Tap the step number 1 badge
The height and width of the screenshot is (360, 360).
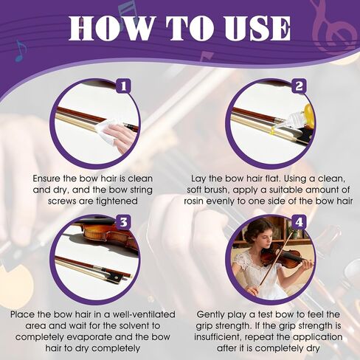122,88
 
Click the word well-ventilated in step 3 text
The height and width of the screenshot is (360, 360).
137,314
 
